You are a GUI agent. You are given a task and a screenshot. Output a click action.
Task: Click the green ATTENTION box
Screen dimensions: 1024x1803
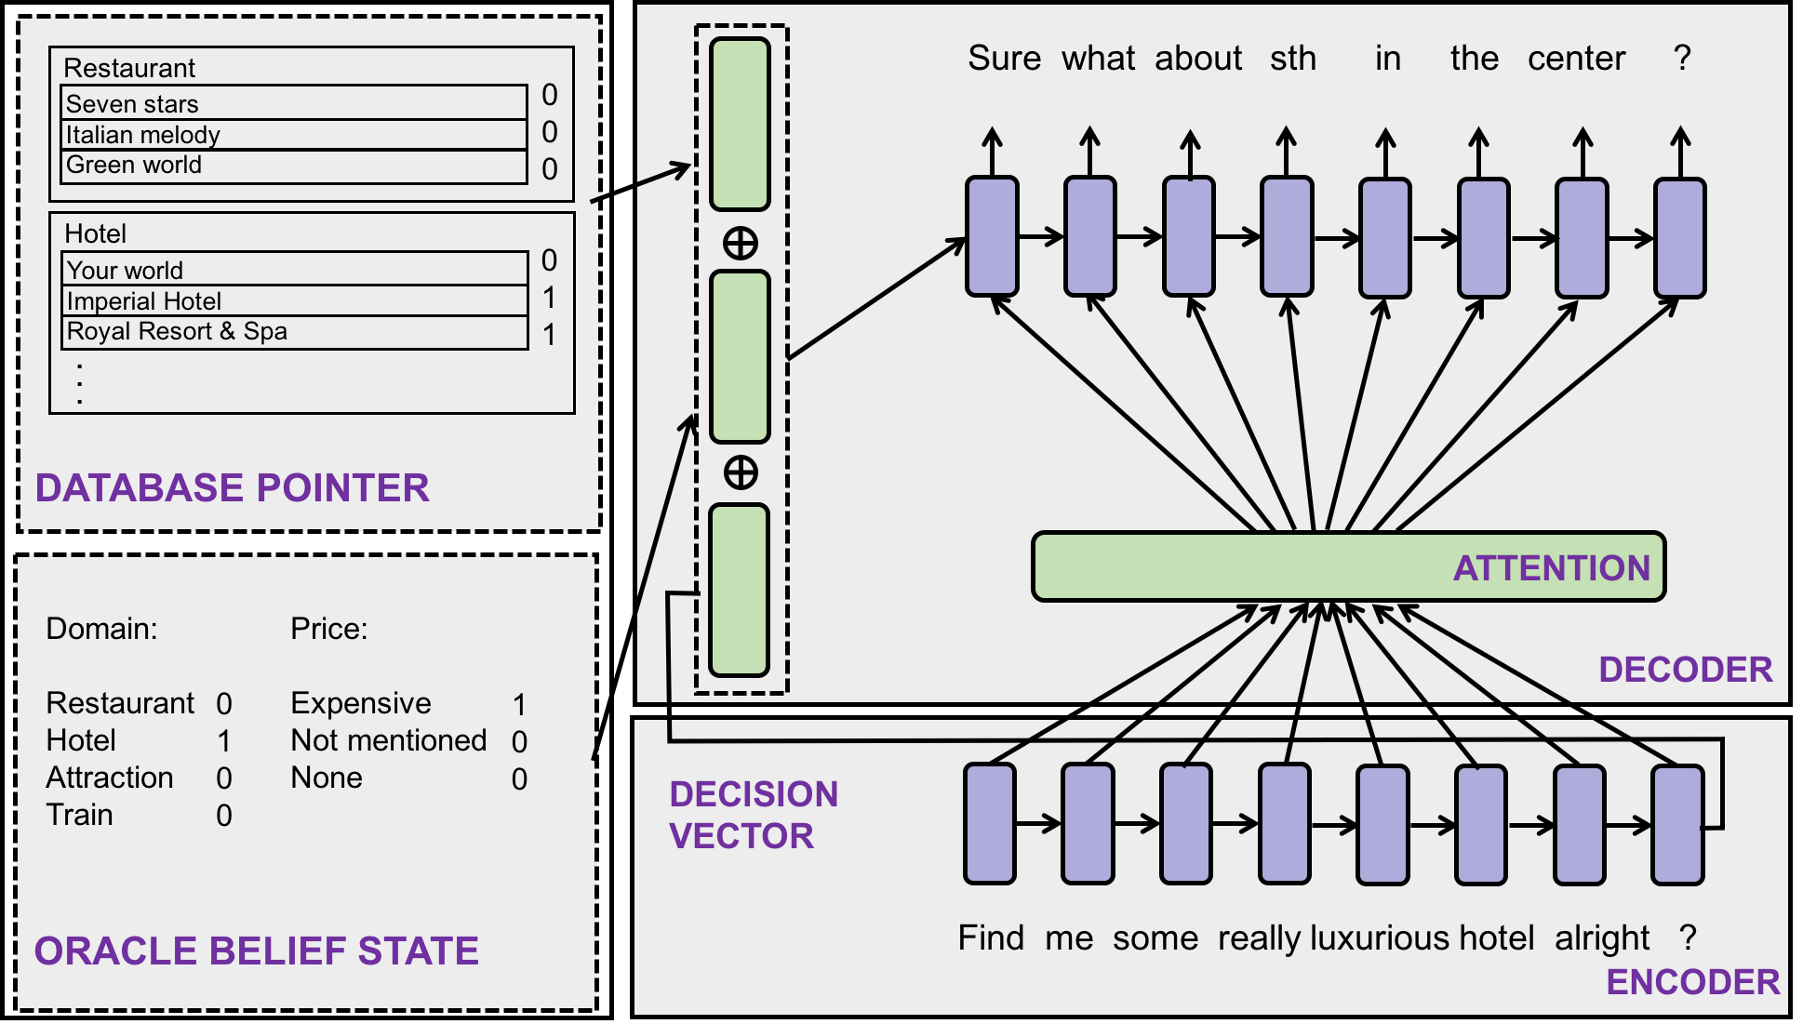(1347, 566)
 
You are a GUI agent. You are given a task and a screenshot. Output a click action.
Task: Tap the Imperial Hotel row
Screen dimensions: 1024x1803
(294, 300)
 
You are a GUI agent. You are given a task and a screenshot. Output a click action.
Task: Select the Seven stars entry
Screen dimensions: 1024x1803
(294, 103)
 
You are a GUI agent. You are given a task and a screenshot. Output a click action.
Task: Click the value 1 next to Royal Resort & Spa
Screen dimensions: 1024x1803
(549, 334)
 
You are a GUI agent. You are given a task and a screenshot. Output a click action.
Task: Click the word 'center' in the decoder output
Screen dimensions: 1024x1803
(1576, 58)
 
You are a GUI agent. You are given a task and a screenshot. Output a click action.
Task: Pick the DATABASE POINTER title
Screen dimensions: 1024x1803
(232, 488)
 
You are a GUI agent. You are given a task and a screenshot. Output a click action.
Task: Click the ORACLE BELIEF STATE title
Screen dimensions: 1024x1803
(256, 951)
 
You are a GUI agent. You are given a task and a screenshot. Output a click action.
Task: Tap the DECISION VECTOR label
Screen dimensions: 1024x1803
(753, 815)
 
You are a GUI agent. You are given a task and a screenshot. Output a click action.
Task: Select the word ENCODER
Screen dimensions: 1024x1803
(1692, 982)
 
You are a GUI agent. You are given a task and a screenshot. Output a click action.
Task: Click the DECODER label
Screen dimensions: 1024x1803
(1685, 670)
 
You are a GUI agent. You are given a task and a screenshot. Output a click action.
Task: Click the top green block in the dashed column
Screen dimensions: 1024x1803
(740, 124)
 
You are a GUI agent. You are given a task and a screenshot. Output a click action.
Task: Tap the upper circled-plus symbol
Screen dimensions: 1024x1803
(741, 244)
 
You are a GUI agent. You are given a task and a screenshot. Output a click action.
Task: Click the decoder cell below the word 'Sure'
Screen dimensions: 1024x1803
(992, 237)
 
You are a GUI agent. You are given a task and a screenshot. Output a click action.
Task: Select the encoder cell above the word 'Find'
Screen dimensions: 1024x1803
(989, 823)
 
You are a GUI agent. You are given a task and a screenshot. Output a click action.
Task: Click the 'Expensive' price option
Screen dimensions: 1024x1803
(361, 703)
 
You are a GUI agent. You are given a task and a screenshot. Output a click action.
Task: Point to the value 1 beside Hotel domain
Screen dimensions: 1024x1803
(224, 741)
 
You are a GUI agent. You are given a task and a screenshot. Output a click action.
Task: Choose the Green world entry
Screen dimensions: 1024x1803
(294, 166)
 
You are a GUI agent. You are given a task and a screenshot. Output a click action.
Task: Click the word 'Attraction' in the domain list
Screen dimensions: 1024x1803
(110, 778)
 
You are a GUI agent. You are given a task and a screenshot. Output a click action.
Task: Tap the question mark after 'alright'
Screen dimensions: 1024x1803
(1688, 938)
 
